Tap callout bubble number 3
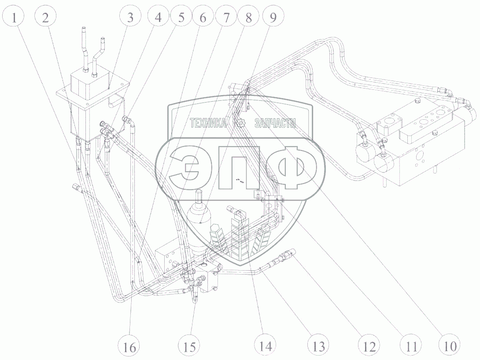pyautogui.click(x=130, y=18)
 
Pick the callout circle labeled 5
pyautogui.click(x=181, y=18)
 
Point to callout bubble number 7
pyautogui.click(x=226, y=18)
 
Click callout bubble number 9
pyautogui.click(x=273, y=18)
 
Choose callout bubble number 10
pyautogui.click(x=450, y=346)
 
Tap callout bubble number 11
pyautogui.click(x=410, y=346)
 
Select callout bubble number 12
pyautogui.click(x=369, y=346)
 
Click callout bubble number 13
pyautogui.click(x=318, y=346)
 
